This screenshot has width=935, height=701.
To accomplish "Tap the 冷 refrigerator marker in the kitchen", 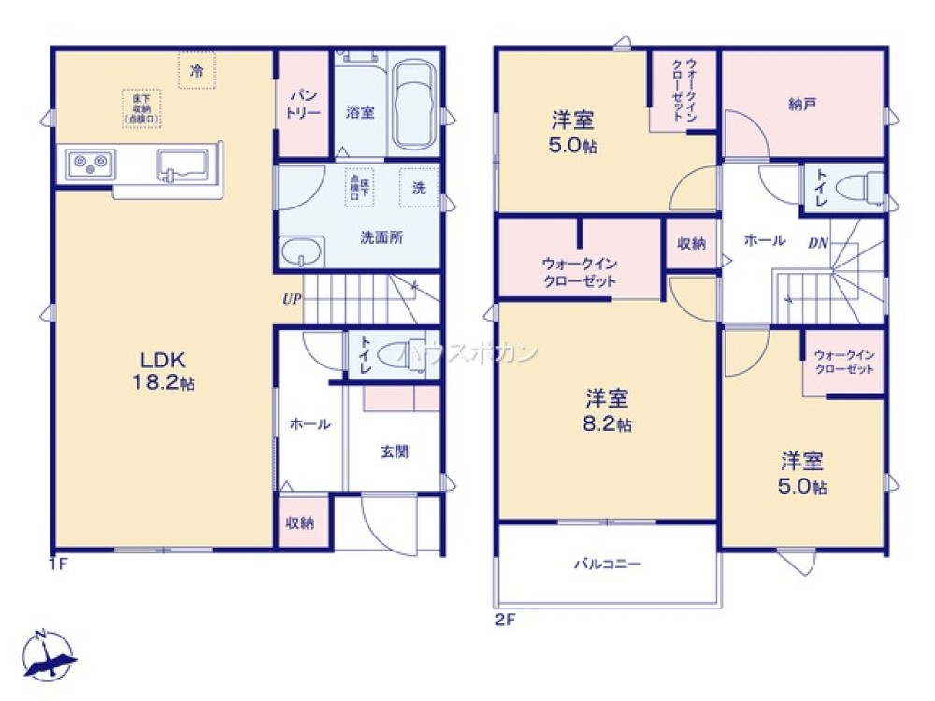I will point(196,70).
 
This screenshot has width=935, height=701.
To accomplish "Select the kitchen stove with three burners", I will point(89,165).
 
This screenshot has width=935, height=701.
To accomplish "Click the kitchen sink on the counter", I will point(183,165).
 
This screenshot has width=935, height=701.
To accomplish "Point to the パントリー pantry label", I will point(304,104).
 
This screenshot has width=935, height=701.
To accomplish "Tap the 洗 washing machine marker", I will point(418,188).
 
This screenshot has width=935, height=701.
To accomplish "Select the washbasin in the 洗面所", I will point(301,251).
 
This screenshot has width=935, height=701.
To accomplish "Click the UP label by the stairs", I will point(292,300).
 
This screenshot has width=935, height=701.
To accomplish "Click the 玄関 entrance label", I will point(394,451).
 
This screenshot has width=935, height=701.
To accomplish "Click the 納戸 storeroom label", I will point(802,104).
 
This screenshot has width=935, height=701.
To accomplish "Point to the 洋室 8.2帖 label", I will point(608,409).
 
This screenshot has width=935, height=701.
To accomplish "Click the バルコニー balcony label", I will point(608,565).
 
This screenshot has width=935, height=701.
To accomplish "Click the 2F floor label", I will point(505,618).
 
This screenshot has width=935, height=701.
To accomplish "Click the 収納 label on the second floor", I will point(691,244).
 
